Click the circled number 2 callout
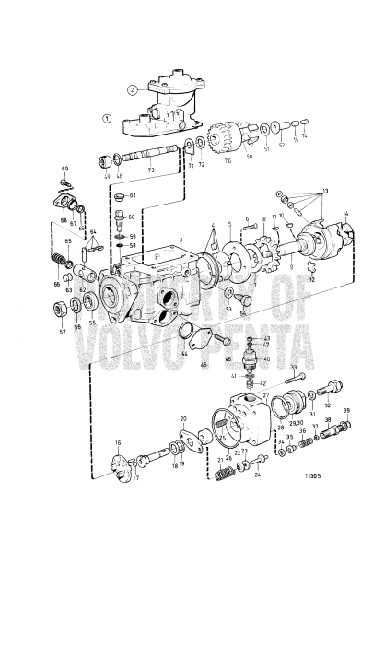coord(133,89)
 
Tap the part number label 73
coord(152,172)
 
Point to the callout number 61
coord(132,196)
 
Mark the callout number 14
coord(345,215)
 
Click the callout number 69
coord(65,169)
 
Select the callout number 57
coord(62,331)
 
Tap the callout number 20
coord(183,419)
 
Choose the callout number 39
coord(347,410)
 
